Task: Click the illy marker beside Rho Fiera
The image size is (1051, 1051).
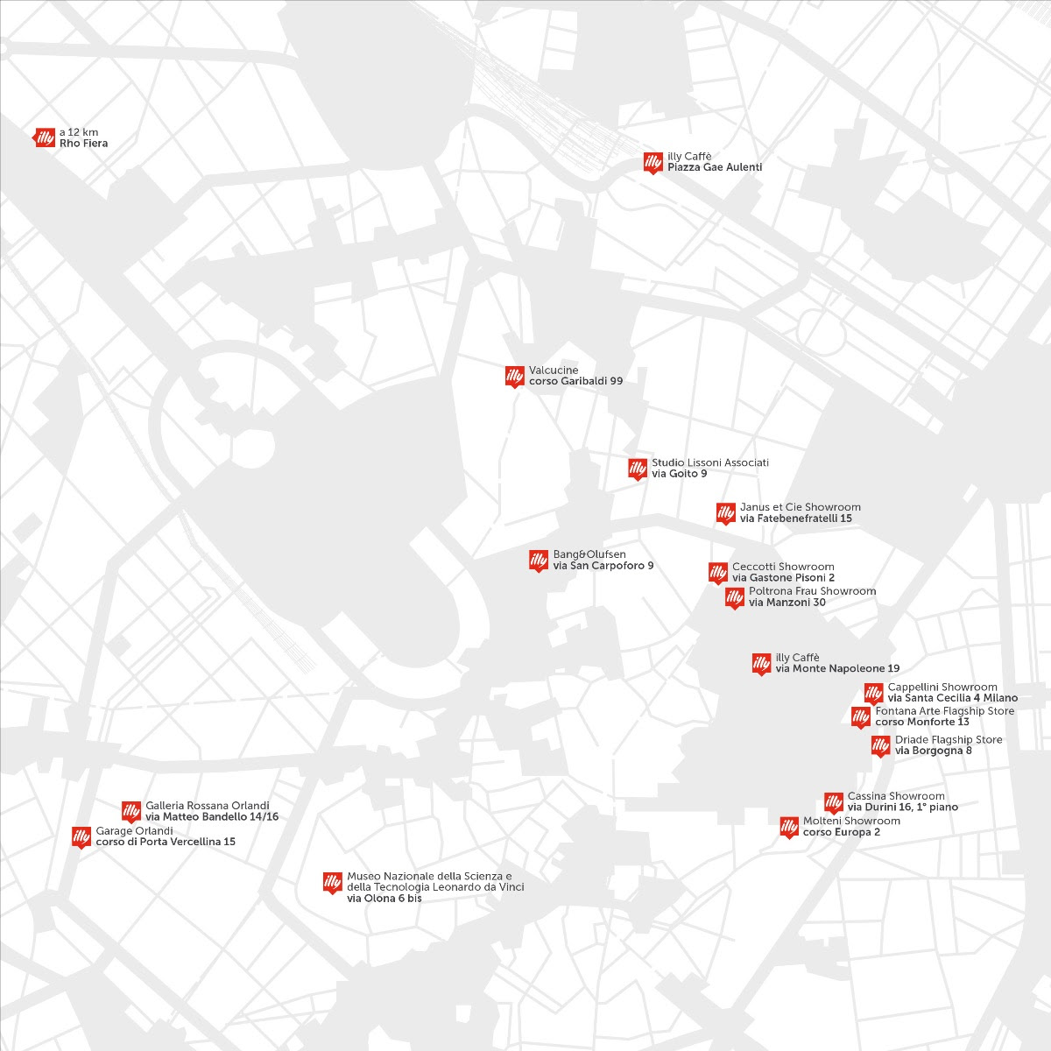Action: coord(45,138)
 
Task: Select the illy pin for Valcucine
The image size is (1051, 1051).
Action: coord(514,376)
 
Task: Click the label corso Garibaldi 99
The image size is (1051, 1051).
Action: coord(575,381)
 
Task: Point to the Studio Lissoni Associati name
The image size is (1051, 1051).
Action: coord(709,462)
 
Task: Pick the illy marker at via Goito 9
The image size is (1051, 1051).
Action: coord(637,469)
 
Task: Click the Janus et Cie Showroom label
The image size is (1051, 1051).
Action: coord(800,507)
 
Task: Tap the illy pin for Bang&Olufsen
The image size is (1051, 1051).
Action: coord(538,561)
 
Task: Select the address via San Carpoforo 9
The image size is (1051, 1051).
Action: coord(603,566)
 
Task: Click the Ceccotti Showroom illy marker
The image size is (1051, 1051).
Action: coord(717,573)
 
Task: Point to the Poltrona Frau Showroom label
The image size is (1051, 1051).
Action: coord(812,591)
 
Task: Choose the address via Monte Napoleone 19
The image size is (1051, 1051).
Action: coord(837,668)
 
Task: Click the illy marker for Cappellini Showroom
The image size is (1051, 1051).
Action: coord(873,693)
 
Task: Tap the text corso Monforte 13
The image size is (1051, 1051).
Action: coord(922,723)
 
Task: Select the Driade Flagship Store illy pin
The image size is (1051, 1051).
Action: coord(880,745)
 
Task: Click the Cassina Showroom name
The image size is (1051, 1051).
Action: coord(896,796)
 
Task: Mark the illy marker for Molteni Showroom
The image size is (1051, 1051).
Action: coord(789,827)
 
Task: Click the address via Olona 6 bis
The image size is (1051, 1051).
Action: coord(384,899)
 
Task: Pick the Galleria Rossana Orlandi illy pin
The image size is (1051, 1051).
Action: coord(131,811)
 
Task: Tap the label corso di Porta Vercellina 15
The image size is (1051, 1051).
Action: coord(166,842)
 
